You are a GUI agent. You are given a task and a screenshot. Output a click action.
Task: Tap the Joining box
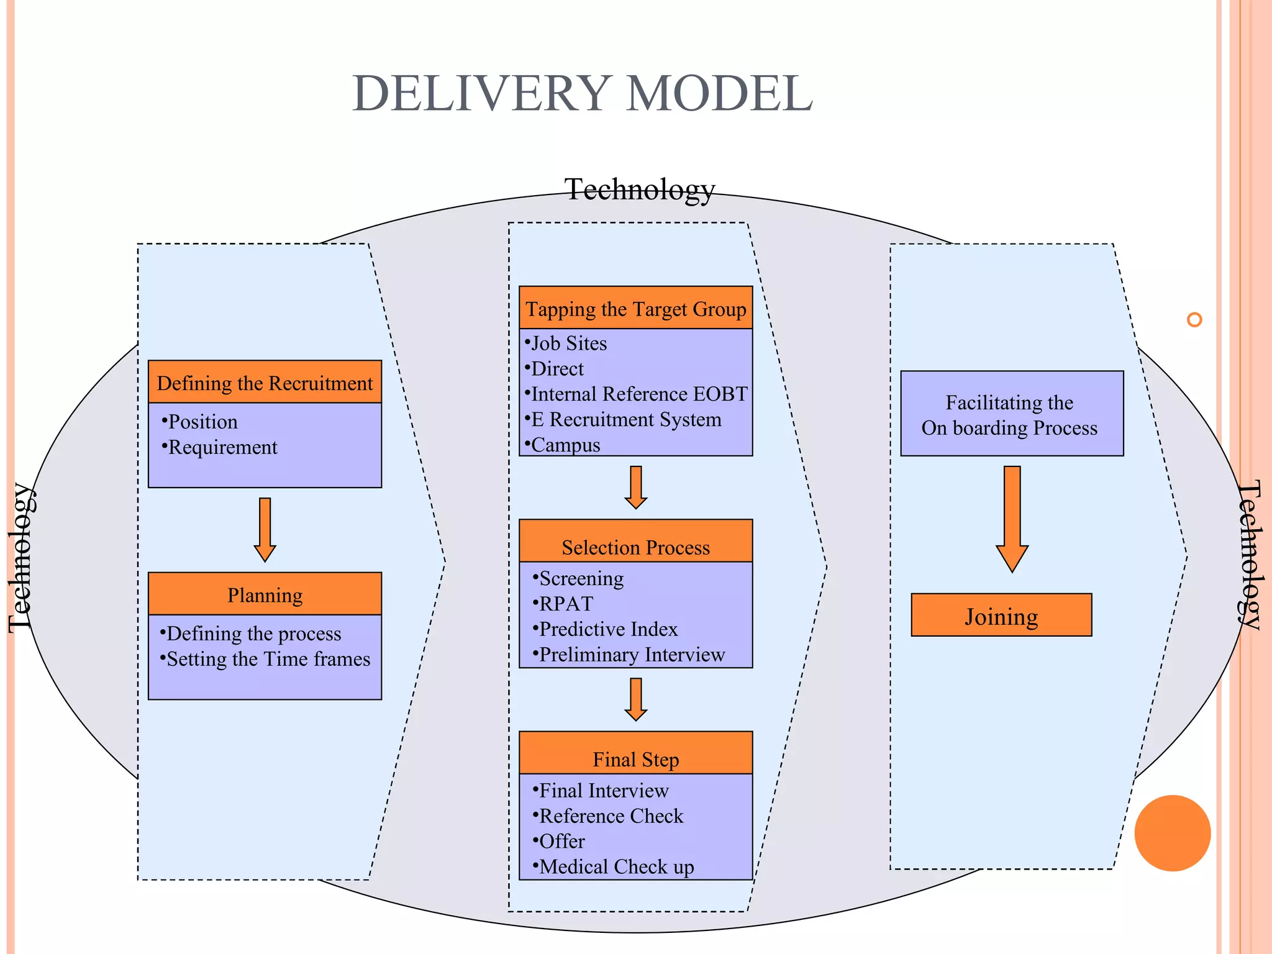pos(1001,616)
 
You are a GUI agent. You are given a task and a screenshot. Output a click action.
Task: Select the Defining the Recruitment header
pos(265,383)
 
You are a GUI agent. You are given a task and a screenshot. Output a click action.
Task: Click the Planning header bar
pos(265,594)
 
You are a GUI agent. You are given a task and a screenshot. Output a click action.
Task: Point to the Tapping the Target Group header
pos(635,308)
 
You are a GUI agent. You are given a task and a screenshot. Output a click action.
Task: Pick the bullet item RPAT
pos(566,604)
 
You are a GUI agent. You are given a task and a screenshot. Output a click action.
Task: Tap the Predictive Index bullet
pos(607,629)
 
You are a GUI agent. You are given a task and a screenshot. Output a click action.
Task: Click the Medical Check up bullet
pos(616,866)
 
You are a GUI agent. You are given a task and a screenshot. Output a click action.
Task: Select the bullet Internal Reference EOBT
pos(638,394)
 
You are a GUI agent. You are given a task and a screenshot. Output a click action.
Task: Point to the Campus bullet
pos(565,445)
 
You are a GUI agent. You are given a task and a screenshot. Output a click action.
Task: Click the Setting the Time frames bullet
pos(268,659)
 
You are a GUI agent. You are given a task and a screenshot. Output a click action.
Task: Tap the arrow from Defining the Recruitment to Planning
pos(265,529)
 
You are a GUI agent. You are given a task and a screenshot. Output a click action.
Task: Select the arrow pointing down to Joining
pos(1012,519)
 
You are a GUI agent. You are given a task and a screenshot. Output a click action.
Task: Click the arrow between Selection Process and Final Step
pos(635,699)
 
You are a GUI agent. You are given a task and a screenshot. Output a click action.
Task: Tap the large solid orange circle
pos(1172,833)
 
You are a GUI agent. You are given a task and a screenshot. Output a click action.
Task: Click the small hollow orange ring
pos(1194,320)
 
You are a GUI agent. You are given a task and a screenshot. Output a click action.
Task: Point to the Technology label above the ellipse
pos(639,189)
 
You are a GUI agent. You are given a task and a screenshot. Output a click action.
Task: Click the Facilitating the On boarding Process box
pos(1011,414)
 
